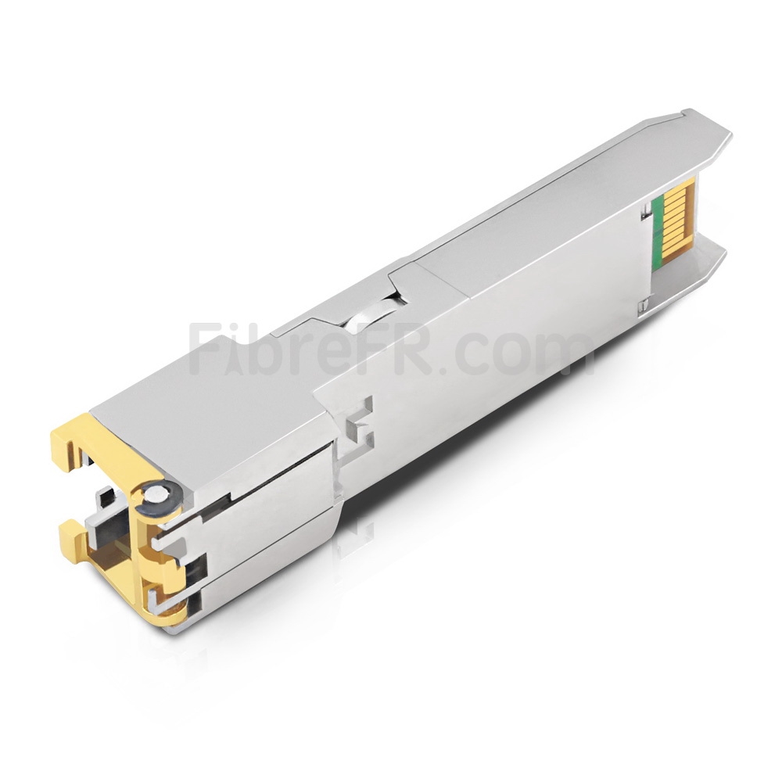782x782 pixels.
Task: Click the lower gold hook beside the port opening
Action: [x=73, y=534]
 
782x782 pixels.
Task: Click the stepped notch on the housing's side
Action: [x=361, y=418]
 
